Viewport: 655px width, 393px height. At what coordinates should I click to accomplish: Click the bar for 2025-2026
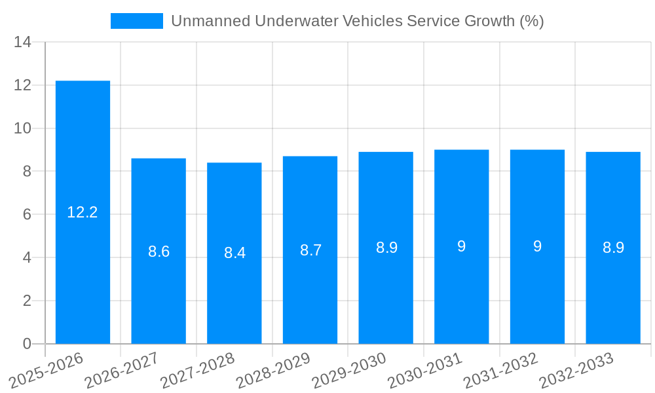click(83, 212)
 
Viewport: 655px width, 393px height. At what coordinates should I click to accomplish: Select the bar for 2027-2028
click(234, 253)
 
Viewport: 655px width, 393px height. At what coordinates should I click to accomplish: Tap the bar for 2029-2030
click(386, 248)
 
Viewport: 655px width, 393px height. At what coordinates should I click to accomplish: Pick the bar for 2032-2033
click(613, 248)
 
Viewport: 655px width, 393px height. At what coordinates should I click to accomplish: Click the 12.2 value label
click(83, 212)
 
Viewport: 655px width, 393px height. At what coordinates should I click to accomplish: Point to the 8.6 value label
click(159, 252)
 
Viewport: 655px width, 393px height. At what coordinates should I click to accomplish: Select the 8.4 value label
click(234, 253)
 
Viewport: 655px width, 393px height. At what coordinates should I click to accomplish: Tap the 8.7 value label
click(310, 250)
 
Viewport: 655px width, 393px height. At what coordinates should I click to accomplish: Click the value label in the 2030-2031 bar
click(462, 246)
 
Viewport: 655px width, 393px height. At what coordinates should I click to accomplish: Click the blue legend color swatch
click(136, 21)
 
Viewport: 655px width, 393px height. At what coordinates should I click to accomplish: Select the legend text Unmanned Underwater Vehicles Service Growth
click(357, 21)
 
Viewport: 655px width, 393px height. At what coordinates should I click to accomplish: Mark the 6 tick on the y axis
click(27, 215)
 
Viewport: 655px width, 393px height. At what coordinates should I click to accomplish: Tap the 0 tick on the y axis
click(27, 344)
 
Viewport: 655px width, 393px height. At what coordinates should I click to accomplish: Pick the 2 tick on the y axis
click(27, 301)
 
